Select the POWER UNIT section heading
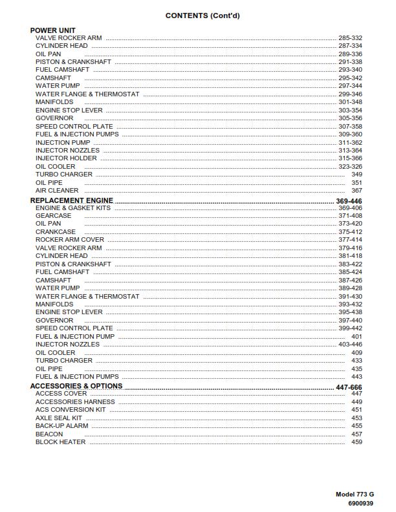tap(53, 30)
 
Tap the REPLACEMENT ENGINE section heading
tap(72, 200)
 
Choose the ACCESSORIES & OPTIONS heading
tap(76, 386)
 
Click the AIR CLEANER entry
tap(57, 191)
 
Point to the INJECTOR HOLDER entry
tap(66, 158)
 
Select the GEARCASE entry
tap(54, 216)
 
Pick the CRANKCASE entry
tap(56, 232)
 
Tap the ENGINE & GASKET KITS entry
tap(73, 208)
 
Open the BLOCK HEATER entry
tap(60, 442)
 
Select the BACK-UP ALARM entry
tap(62, 426)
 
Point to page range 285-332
tap(350, 38)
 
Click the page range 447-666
tap(349, 387)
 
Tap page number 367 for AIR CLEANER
tap(357, 191)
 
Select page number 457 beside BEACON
tap(357, 434)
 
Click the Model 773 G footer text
tap(355, 495)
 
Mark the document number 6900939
tap(360, 503)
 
